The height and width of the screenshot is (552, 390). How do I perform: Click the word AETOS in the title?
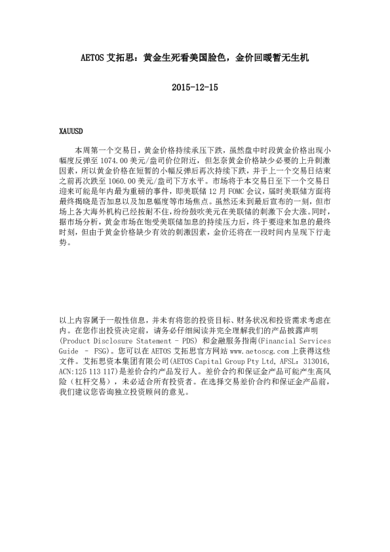point(98,58)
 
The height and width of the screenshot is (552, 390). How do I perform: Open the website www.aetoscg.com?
point(254,352)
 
